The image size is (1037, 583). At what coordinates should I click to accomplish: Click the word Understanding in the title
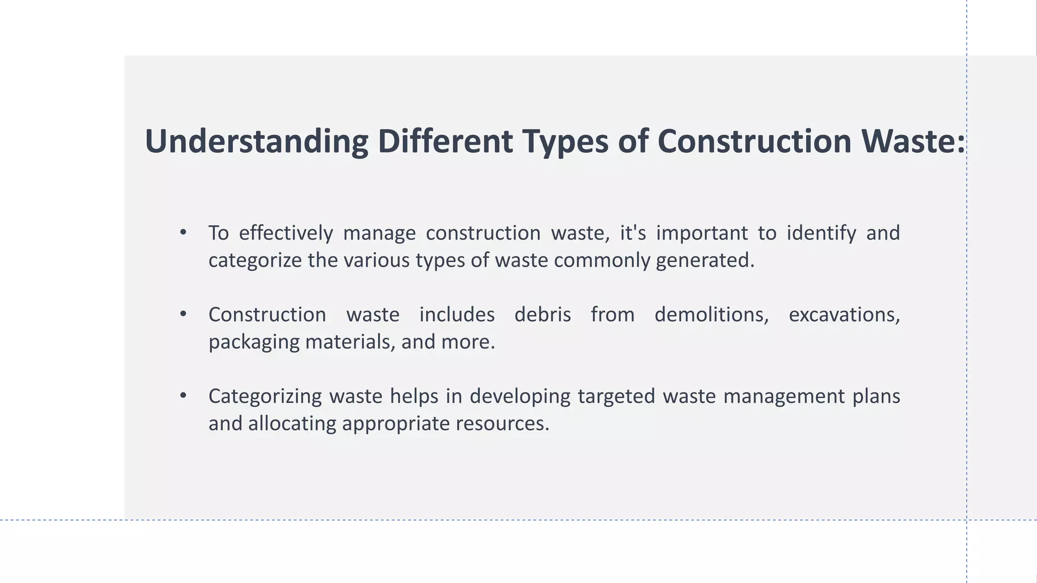click(x=256, y=141)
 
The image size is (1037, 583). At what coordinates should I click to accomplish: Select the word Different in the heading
click(x=445, y=141)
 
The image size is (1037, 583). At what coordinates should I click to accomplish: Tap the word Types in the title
click(x=565, y=141)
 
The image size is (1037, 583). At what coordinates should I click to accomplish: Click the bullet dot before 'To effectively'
click(x=183, y=232)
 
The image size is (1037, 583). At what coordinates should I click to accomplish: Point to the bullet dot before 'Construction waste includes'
click(x=183, y=314)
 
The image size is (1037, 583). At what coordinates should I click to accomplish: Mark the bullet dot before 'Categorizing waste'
click(x=183, y=395)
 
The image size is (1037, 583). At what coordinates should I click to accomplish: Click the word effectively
click(x=286, y=233)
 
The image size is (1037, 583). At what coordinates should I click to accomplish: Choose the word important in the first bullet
click(x=702, y=233)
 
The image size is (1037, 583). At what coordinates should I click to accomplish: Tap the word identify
click(x=821, y=233)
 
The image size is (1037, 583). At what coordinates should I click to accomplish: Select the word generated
click(x=705, y=261)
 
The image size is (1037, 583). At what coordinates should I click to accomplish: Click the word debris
click(x=542, y=315)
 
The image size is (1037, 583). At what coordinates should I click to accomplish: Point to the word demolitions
click(x=711, y=315)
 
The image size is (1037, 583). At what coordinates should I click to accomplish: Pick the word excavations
click(x=844, y=315)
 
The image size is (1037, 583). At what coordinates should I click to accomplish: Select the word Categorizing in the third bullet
click(x=265, y=396)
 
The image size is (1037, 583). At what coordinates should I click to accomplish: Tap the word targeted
click(x=616, y=396)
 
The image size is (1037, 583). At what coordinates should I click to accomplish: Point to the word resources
click(x=502, y=424)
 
